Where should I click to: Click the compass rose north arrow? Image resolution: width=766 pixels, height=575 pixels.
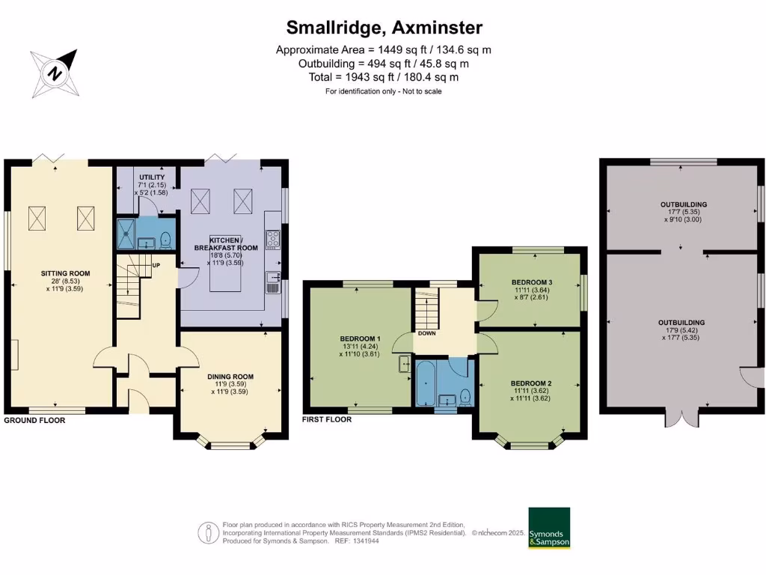(x=54, y=73)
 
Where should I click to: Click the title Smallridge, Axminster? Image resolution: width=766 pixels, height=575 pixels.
(x=384, y=28)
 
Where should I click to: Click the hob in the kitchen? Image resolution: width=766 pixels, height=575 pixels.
(x=272, y=239)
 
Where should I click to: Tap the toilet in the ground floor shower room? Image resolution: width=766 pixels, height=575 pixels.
(x=165, y=239)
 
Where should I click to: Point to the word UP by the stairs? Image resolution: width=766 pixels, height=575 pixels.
(x=156, y=265)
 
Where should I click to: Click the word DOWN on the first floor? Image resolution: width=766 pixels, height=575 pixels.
(x=427, y=333)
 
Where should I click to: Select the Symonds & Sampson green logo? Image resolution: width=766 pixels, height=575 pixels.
(x=549, y=528)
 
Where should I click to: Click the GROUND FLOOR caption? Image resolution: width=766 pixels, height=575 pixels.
(x=34, y=420)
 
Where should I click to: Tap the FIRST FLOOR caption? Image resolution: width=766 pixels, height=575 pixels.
(x=326, y=420)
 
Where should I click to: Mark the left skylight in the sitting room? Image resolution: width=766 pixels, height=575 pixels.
(x=38, y=218)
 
